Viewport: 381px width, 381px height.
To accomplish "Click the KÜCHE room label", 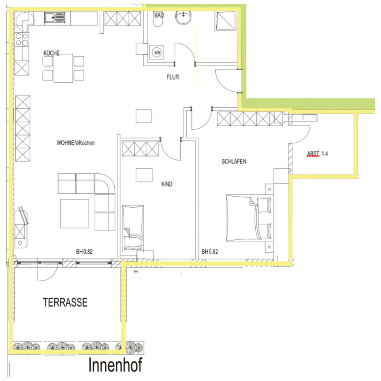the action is [51, 53].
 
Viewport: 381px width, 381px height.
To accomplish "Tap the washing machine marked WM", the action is [156, 52].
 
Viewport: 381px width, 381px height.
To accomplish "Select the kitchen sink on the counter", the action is [55, 17].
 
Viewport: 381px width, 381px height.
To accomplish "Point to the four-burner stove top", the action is [22, 39].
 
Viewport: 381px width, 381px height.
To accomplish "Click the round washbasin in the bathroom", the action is [183, 17].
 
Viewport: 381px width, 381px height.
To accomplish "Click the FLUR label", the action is [173, 77].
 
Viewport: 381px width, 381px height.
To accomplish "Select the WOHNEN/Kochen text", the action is [76, 143].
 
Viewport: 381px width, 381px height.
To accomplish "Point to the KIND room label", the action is [167, 184].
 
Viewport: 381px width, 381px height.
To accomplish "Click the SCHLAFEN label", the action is [234, 161].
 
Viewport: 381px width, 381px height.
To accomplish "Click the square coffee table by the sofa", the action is [74, 214].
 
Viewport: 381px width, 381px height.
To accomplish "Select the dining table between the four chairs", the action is [63, 68].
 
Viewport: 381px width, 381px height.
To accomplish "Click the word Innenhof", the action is [115, 365].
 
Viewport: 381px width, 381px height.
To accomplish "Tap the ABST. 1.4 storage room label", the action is [317, 154].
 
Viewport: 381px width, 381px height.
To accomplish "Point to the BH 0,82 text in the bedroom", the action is [210, 252].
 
